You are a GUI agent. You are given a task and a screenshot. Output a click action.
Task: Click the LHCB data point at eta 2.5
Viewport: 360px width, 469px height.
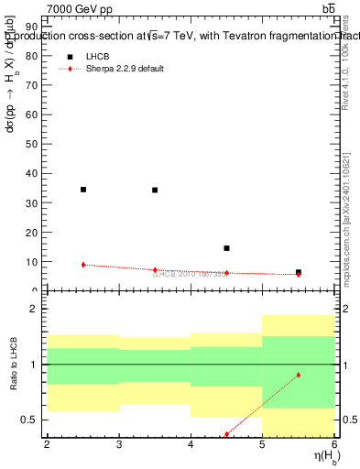[x=83, y=190]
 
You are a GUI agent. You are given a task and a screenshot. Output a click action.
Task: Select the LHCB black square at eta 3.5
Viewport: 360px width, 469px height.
[x=155, y=191]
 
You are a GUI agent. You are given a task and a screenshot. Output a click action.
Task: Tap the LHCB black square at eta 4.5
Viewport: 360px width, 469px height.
[x=226, y=248]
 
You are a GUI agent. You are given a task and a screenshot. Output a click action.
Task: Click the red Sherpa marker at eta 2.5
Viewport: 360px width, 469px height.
[x=83, y=265]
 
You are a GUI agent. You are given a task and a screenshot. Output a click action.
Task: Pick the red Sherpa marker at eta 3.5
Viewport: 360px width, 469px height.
[x=155, y=270]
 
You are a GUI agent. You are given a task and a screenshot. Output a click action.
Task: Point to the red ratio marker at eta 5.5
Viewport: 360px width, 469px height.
[x=299, y=375]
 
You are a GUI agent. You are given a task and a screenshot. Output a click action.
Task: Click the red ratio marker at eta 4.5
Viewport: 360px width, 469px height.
[x=226, y=434]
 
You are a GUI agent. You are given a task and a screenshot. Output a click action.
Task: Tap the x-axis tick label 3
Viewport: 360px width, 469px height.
[x=119, y=444]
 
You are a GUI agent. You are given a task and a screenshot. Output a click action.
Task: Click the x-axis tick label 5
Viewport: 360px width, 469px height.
[x=263, y=444]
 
